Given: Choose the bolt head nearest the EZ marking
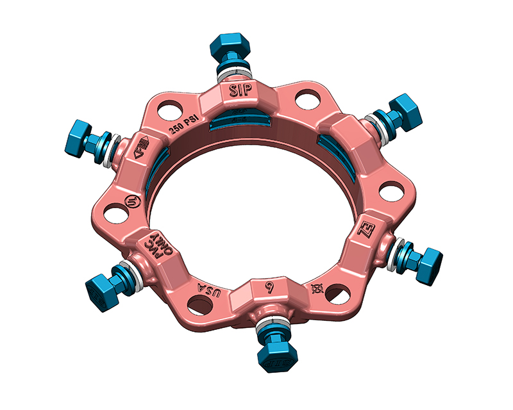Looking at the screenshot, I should click(x=425, y=259).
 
